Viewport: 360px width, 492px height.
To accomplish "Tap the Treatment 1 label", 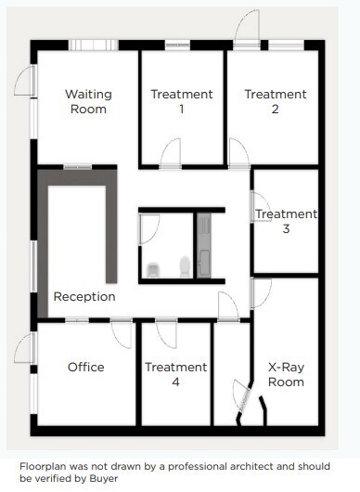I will point(181,101).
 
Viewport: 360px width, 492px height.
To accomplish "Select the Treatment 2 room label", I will point(275,101).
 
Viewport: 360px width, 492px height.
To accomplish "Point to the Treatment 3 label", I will point(286,221).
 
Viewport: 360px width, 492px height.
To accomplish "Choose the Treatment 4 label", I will point(175,374).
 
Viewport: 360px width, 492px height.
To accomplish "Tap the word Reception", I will point(84,297).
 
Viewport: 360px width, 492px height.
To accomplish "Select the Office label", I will point(86,367).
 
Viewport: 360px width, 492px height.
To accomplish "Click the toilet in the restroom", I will point(154,269).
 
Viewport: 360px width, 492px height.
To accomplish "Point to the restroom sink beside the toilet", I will point(185,267).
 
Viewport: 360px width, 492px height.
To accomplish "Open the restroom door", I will point(149,228).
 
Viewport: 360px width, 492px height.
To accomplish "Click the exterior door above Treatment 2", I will point(247,28).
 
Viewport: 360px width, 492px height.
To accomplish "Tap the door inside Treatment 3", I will point(261,207).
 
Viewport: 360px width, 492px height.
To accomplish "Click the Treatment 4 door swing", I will point(166,333).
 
